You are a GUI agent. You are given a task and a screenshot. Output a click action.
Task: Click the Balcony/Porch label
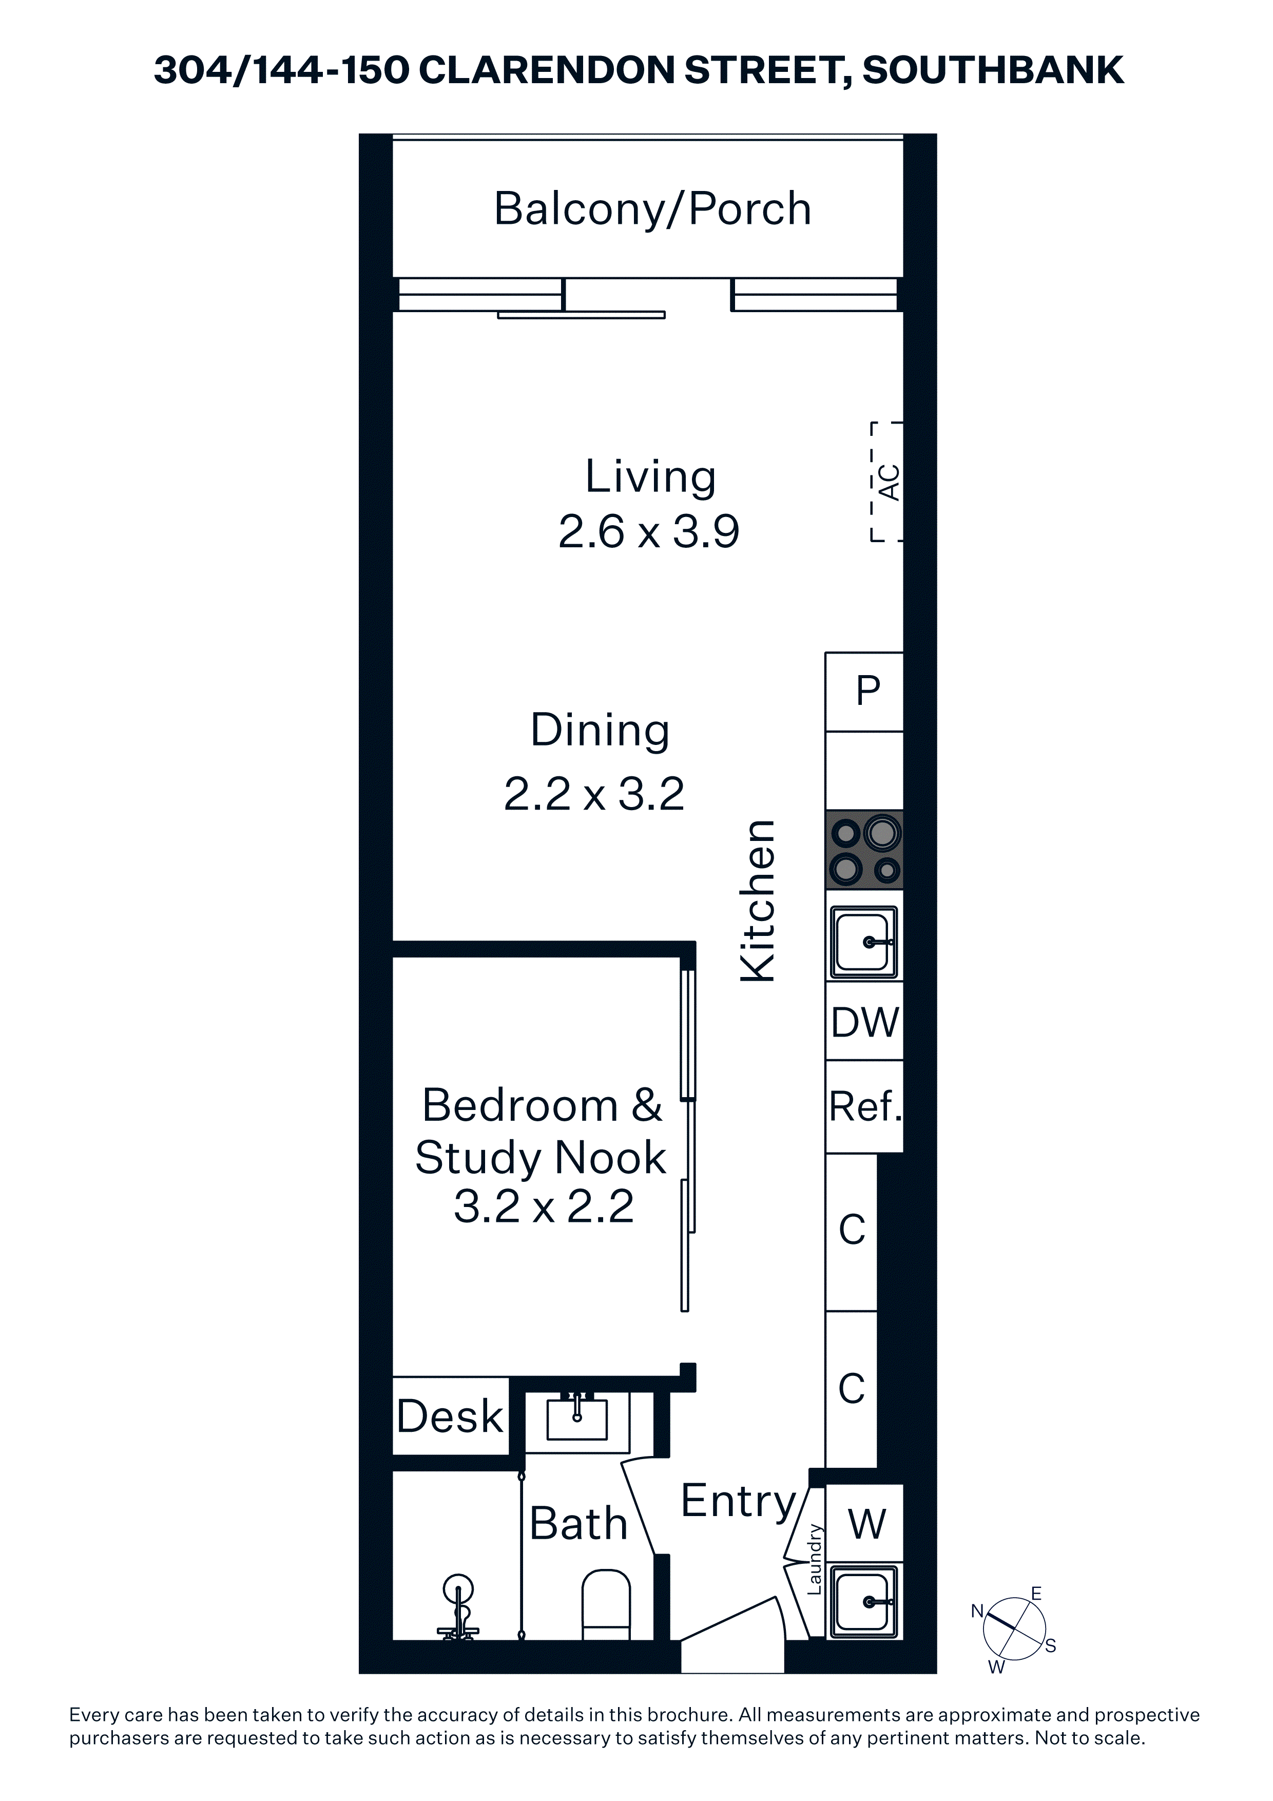tap(652, 209)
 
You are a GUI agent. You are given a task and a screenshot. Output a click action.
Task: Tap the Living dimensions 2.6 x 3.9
tap(649, 532)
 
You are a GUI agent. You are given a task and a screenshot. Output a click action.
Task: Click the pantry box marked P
tap(864, 692)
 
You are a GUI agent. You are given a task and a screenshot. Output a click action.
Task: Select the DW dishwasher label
tap(865, 1022)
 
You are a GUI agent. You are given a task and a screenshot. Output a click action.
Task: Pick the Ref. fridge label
tap(865, 1107)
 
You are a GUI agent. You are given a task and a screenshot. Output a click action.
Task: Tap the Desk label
tap(450, 1416)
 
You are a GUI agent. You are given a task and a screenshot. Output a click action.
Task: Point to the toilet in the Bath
tap(606, 1604)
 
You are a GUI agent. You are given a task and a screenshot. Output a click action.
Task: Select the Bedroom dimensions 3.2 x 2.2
tap(544, 1207)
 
